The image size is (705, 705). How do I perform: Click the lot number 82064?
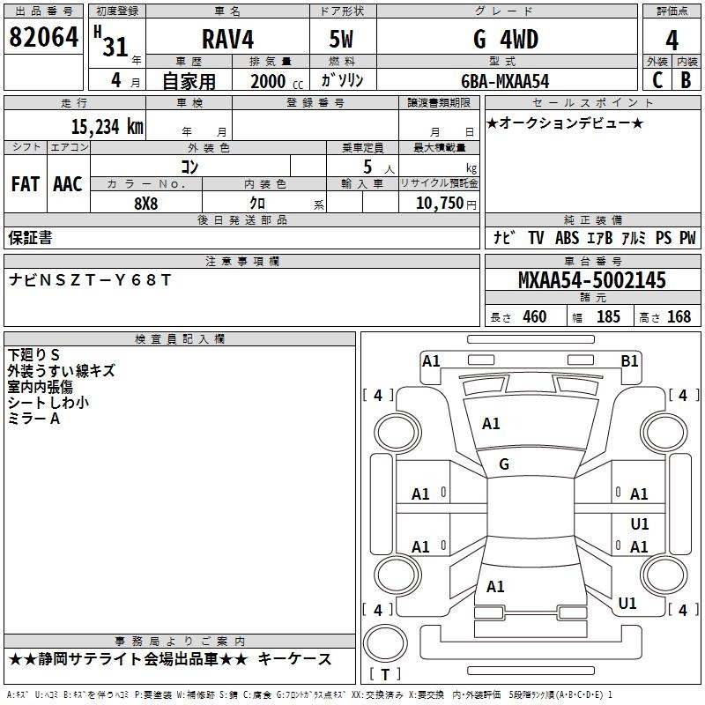(x=43, y=37)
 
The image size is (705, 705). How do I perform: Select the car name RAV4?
(x=228, y=39)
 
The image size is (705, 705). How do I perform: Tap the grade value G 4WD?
(x=506, y=39)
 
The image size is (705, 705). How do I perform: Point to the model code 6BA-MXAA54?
(x=505, y=81)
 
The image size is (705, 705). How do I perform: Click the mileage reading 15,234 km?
(x=108, y=126)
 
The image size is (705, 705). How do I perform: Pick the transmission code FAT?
(x=26, y=184)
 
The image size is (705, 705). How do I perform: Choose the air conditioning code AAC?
(x=68, y=184)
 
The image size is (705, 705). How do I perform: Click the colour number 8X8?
(x=146, y=204)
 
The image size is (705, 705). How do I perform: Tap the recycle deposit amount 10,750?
(x=440, y=203)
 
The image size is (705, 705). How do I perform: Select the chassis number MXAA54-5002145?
(x=592, y=280)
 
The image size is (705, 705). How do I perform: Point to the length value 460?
(x=535, y=316)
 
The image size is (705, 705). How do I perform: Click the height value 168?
(x=679, y=316)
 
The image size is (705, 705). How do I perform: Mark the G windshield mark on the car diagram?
(x=504, y=464)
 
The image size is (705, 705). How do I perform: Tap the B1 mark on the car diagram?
(x=629, y=361)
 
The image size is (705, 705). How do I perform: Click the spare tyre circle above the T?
(x=385, y=643)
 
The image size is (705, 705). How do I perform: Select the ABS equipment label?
(x=567, y=237)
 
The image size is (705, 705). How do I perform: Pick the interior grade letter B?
(x=686, y=80)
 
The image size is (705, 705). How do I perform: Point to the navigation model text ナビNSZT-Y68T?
(x=90, y=279)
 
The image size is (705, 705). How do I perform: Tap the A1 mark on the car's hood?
(x=491, y=424)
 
